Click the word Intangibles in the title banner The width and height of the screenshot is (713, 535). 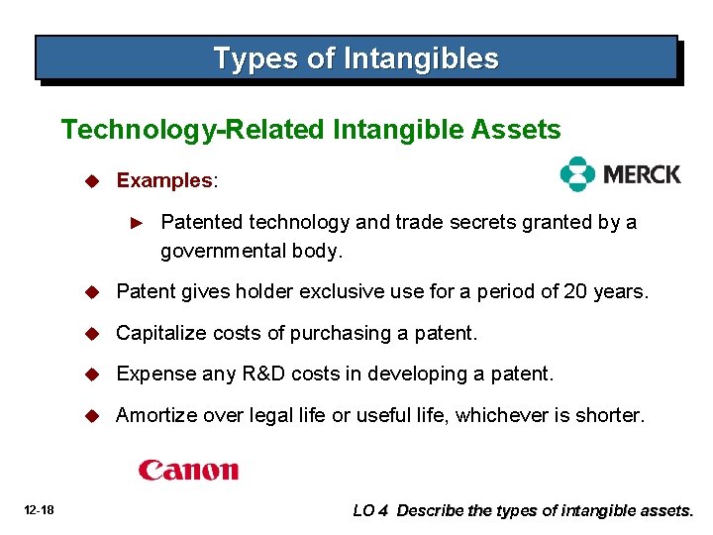[421, 58]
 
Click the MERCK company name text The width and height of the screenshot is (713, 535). [641, 175]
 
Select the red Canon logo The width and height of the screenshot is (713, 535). [188, 470]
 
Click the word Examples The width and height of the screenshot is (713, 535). [164, 180]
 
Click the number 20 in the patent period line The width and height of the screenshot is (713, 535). [576, 291]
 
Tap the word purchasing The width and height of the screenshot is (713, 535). [338, 333]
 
